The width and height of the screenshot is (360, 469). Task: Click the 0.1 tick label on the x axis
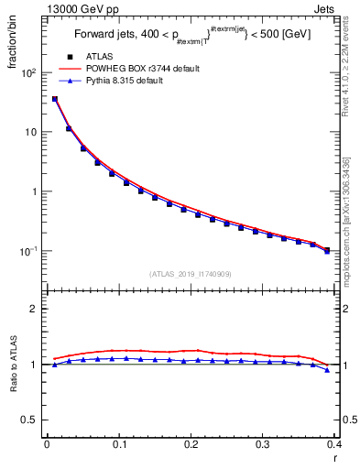tap(119, 444)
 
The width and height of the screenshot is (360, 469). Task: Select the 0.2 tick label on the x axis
tap(191, 444)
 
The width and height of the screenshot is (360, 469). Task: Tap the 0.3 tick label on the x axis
tap(263, 444)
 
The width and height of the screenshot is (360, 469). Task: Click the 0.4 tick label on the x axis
tap(333, 444)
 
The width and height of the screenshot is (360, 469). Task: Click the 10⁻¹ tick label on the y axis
tap(29, 251)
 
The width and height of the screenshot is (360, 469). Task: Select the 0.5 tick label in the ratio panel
tap(31, 420)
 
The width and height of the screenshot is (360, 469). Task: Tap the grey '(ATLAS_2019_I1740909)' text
tap(191, 274)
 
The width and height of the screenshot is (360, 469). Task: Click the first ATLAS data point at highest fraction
tap(55, 99)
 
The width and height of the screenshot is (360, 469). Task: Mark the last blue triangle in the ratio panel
tap(327, 370)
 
